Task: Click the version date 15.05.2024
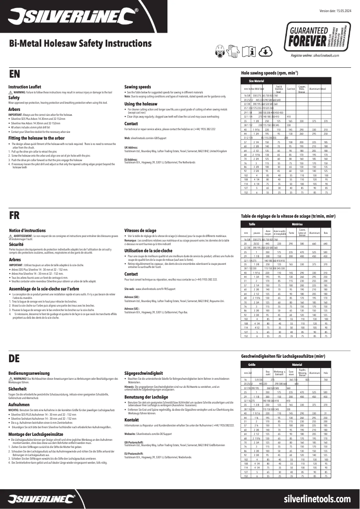tap(337, 10)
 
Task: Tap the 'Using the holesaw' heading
tap(140, 104)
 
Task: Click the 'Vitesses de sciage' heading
tap(140, 230)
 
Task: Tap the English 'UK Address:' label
tap(131, 147)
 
